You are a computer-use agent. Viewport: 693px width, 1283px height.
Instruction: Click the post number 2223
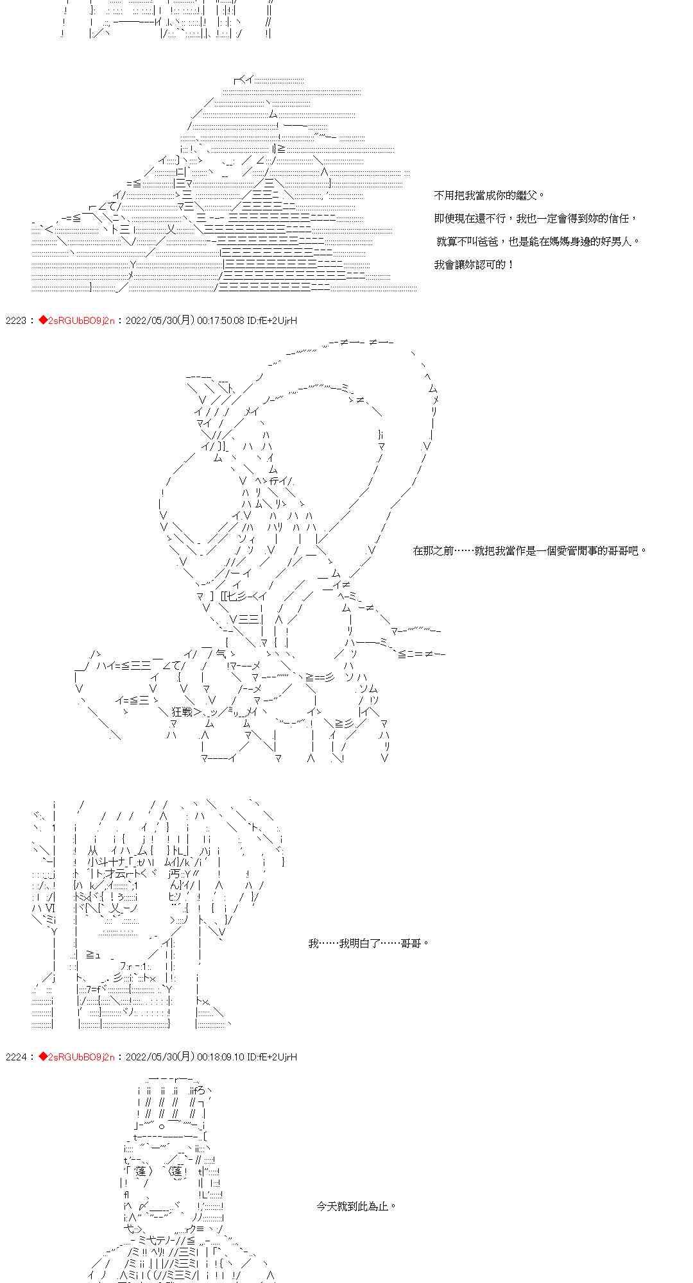point(15,320)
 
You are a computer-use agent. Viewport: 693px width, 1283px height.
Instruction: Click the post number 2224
point(15,1057)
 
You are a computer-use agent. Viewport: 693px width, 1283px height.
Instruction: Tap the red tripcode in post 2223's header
point(76,320)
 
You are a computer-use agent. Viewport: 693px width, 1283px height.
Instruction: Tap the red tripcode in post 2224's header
point(76,1057)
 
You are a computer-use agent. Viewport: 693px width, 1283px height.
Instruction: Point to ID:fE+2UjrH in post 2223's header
point(272,320)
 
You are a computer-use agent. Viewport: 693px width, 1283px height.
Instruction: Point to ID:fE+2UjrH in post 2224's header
point(272,1057)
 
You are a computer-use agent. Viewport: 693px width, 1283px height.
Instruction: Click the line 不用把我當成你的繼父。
point(489,196)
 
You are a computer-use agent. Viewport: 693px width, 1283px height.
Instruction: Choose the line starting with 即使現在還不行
point(536,219)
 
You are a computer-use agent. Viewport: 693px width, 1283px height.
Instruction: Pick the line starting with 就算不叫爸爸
point(538,242)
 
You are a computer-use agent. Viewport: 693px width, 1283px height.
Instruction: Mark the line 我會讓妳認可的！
point(474,265)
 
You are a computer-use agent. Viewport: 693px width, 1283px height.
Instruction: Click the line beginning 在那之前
point(530,550)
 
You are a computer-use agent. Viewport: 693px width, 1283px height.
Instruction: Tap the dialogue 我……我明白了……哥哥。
point(368,943)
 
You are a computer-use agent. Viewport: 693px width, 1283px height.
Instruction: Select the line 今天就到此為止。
point(356,1206)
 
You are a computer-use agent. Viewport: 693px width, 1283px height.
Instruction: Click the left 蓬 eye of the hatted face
point(142,1171)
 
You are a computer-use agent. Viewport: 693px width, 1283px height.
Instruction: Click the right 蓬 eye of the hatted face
point(178,1171)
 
